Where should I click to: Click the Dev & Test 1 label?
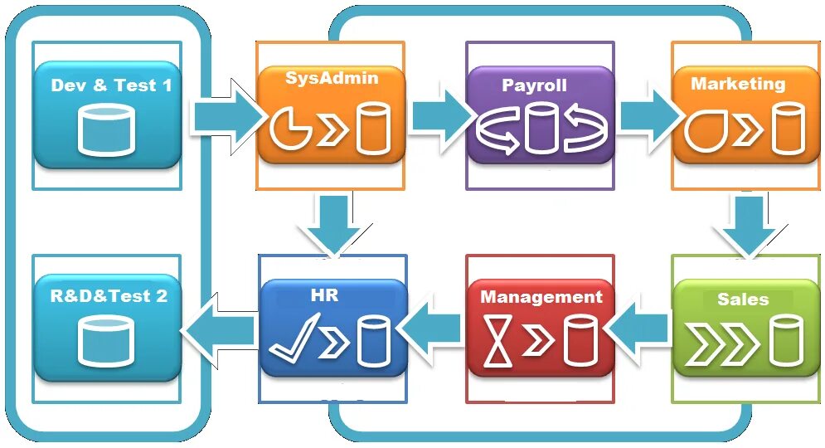click(111, 85)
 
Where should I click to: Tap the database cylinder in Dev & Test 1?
click(105, 130)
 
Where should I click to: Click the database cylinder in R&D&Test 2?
click(105, 342)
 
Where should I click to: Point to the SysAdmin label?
click(332, 79)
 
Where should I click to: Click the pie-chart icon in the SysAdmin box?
click(290, 128)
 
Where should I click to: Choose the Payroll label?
click(534, 85)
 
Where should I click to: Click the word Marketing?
click(738, 84)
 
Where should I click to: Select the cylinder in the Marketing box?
click(787, 128)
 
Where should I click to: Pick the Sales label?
click(743, 299)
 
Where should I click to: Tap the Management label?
click(541, 297)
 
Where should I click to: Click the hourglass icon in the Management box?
click(498, 341)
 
